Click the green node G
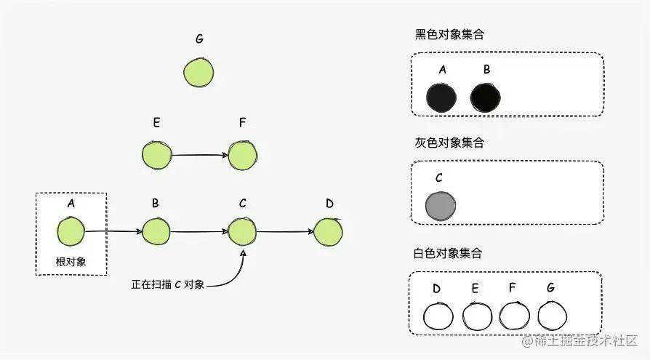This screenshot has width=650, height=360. [x=198, y=73]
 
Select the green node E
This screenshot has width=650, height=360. [x=157, y=155]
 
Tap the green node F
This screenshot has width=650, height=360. [x=243, y=155]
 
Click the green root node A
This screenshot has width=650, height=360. [x=71, y=231]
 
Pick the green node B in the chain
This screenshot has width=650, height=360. [x=156, y=231]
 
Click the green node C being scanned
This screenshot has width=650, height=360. [x=242, y=231]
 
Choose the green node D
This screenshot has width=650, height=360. [x=329, y=232]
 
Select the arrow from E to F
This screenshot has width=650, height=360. [x=200, y=155]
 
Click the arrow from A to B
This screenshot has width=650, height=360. [x=113, y=231]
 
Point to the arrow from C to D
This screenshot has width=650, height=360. [x=285, y=231]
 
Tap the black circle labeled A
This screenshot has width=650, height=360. [x=441, y=98]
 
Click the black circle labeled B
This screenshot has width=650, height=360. [x=486, y=98]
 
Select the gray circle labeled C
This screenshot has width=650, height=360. [x=441, y=205]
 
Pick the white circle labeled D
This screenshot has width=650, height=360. [x=438, y=316]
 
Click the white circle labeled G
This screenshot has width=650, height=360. [x=552, y=316]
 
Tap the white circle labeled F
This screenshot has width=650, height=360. [x=515, y=316]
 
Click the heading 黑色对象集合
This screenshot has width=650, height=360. [x=450, y=34]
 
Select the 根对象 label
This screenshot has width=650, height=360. [x=71, y=262]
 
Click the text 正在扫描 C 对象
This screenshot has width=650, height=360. [x=168, y=284]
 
